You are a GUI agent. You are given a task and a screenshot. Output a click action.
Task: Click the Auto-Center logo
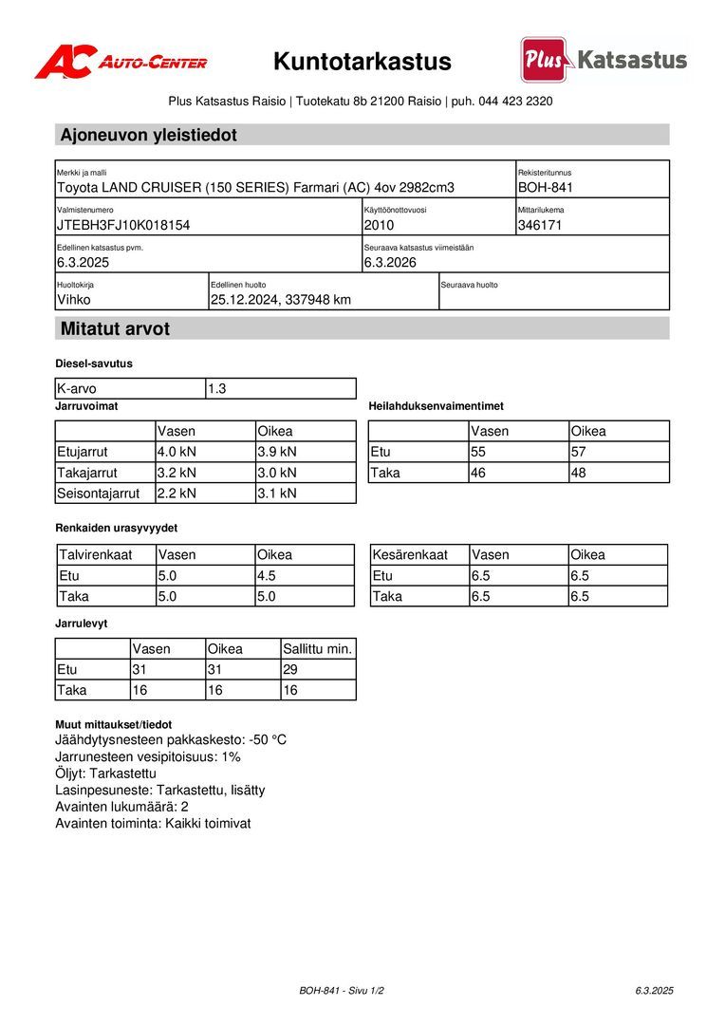(121, 62)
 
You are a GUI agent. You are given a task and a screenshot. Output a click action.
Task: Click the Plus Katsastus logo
(604, 60)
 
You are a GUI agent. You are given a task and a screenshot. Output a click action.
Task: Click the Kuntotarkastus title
(362, 62)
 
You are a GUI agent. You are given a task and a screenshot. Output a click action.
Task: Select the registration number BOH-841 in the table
(546, 188)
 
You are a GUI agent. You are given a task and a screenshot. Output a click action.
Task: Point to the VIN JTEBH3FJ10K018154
(123, 225)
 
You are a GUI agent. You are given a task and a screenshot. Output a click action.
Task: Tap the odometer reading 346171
(541, 225)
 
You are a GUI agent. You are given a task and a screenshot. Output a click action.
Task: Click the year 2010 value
(379, 225)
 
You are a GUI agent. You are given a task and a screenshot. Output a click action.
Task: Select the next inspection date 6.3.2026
(390, 262)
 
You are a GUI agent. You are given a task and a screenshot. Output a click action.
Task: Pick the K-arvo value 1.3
(217, 389)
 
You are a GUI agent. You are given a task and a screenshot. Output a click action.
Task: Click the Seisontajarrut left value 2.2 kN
(177, 494)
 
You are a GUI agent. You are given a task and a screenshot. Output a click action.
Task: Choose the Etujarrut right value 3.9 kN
(277, 452)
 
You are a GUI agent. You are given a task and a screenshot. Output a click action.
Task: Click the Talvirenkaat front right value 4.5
(268, 575)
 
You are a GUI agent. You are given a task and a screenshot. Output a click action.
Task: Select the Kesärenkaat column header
(410, 554)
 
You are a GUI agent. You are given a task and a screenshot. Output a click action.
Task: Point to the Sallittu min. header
(318, 649)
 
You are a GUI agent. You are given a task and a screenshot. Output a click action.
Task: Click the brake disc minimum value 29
(291, 670)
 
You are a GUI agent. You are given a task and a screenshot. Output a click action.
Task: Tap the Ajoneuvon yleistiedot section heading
(149, 135)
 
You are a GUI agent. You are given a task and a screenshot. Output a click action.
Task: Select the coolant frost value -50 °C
(268, 739)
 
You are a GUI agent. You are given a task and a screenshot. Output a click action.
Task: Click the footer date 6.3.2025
(654, 991)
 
